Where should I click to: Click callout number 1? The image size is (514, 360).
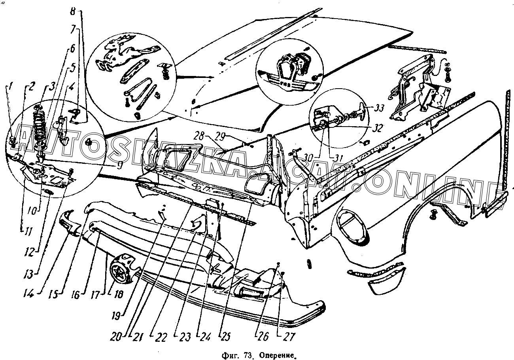[x=11, y=85]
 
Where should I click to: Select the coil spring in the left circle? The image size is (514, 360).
[x=40, y=127]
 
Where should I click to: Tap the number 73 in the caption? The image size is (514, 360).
[x=248, y=355]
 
